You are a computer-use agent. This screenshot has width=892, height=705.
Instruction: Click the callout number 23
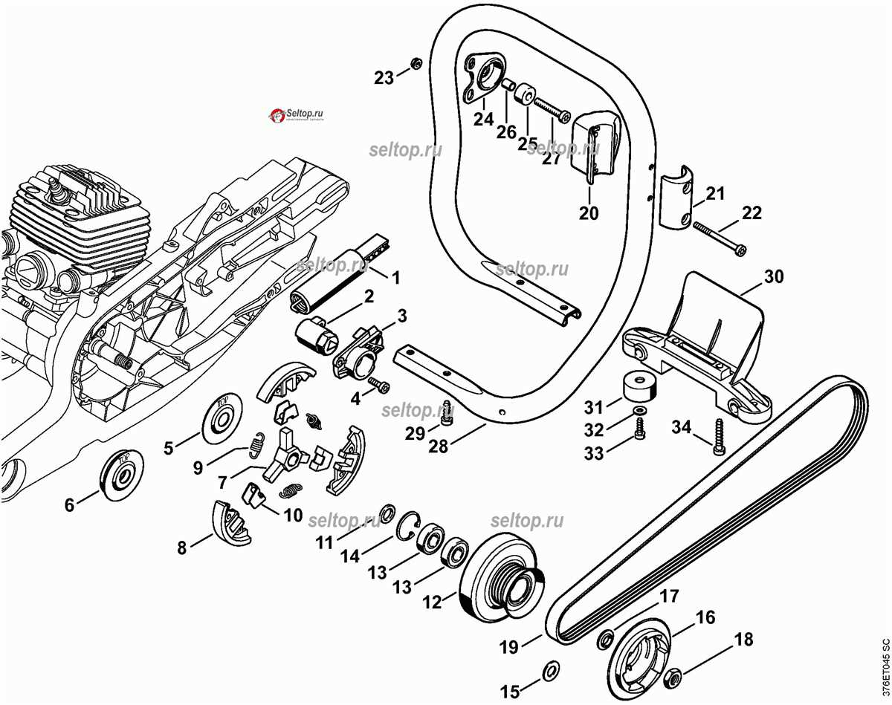click(x=384, y=78)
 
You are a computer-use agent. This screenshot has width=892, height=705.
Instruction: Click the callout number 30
click(x=773, y=277)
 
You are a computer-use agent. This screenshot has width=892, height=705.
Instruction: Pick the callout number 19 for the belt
click(x=508, y=647)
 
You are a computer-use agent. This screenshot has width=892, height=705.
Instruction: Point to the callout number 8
click(x=181, y=548)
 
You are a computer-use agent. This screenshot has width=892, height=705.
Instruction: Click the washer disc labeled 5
click(x=222, y=415)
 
